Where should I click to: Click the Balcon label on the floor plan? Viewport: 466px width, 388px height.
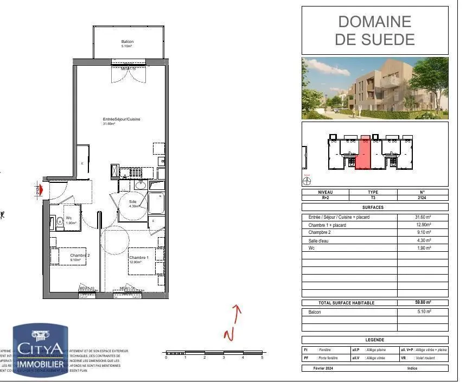[x=127, y=42]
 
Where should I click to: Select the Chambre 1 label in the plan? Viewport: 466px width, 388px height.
[x=138, y=257]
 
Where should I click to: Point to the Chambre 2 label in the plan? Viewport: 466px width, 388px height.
[x=80, y=255]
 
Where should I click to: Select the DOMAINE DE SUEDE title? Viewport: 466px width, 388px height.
[x=375, y=30]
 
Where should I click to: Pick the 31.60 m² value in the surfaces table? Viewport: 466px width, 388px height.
[x=423, y=217]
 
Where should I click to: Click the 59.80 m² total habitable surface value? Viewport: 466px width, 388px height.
[x=423, y=302]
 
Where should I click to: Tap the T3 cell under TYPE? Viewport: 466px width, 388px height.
[x=373, y=198]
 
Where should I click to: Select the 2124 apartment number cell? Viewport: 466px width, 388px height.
[x=423, y=198]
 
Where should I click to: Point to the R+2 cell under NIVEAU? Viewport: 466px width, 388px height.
[x=325, y=198]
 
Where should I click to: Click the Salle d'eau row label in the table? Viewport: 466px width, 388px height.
[x=321, y=240]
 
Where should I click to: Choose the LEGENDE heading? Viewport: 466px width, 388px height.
[x=375, y=339]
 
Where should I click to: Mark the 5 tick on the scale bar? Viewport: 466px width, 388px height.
[x=262, y=358]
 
